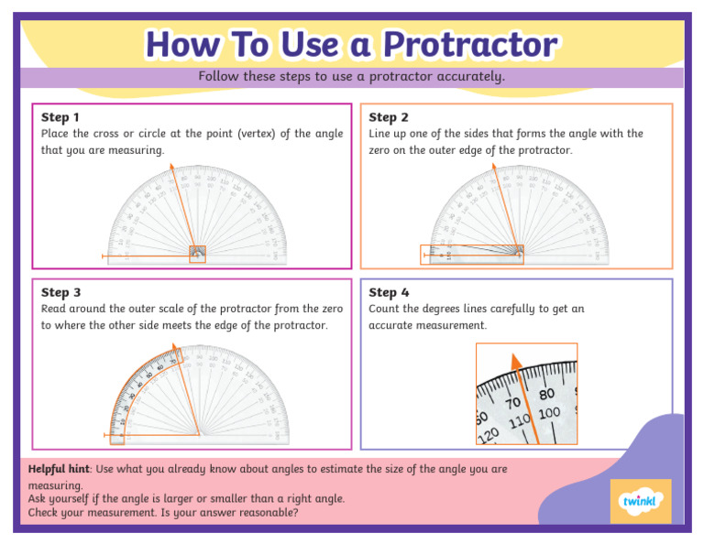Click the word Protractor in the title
[469, 44]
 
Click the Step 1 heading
[60, 117]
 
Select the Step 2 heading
[389, 117]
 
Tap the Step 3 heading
[60, 292]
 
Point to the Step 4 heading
[389, 292]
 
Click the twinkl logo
[640, 501]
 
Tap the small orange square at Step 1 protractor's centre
[197, 255]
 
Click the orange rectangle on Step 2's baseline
[471, 255]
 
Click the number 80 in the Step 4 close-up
[547, 394]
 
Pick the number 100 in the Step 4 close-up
[549, 414]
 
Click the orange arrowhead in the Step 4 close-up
[517, 362]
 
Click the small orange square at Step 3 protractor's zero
[116, 438]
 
